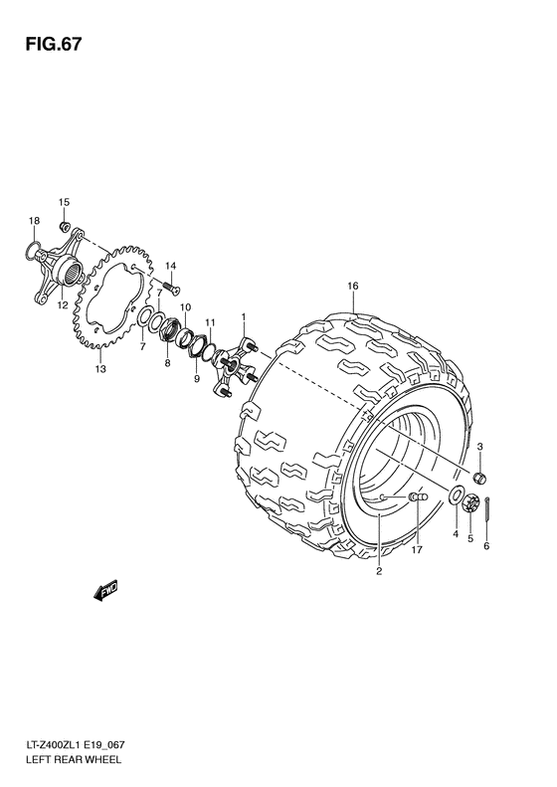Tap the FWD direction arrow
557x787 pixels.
click(x=104, y=592)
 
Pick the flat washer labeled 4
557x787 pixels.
click(x=454, y=497)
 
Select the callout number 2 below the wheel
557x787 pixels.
click(x=378, y=571)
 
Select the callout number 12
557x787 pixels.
click(x=62, y=305)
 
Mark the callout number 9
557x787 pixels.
click(x=196, y=379)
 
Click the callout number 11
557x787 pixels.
click(x=210, y=323)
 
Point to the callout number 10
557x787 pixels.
click(x=185, y=308)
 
